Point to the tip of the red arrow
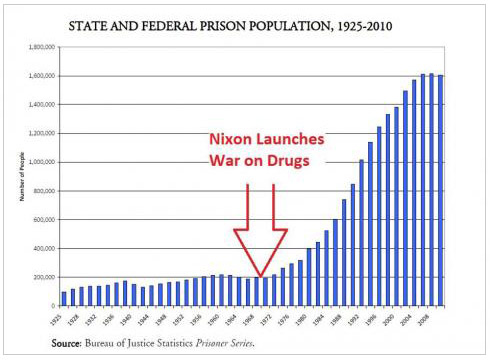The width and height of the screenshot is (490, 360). tap(261, 275)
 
